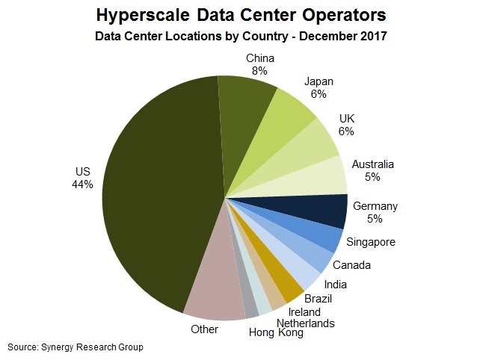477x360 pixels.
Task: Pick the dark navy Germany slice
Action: [321, 209]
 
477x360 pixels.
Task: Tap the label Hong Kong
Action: [277, 333]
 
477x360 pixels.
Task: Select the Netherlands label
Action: [306, 323]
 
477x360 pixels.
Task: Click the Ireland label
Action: [304, 311]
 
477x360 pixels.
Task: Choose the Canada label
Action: [351, 264]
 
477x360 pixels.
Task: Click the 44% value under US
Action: [82, 184]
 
